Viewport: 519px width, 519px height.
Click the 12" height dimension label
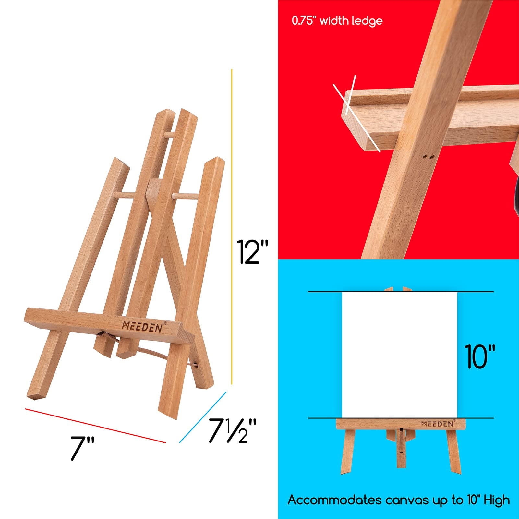(252, 252)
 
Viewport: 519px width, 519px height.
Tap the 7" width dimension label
(82, 448)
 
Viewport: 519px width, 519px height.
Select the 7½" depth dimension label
(232, 430)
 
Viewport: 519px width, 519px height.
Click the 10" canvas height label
(480, 356)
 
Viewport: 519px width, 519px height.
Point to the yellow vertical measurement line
(232, 227)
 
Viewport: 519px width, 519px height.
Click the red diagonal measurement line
(95, 426)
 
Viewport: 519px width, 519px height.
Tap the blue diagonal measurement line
(203, 417)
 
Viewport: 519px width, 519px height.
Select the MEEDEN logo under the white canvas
(438, 424)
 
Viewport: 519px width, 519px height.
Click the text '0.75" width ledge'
(337, 21)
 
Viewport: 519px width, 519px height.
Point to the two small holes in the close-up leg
(428, 157)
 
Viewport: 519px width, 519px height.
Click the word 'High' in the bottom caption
(497, 501)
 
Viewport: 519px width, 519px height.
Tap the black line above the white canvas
(401, 292)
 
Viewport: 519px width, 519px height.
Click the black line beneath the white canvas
(401, 418)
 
